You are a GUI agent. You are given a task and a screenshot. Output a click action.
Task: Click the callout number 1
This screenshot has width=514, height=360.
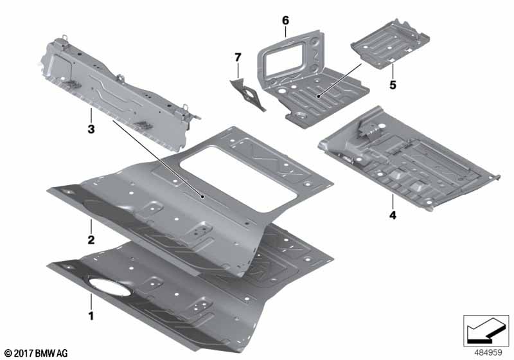(91, 316)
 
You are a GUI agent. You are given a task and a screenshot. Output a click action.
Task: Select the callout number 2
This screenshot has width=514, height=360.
(91, 240)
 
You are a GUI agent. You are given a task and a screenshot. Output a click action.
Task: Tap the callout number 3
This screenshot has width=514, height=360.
(91, 129)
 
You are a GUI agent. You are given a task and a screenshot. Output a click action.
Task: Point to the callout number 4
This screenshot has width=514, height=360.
(393, 215)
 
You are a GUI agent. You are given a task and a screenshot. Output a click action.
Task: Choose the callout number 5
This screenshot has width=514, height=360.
(393, 85)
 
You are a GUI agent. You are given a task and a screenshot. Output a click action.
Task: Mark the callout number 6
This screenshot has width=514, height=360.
(286, 21)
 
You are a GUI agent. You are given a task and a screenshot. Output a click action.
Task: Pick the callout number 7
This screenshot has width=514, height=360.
(238, 57)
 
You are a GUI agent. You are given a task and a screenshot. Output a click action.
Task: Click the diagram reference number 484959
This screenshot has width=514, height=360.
(488, 352)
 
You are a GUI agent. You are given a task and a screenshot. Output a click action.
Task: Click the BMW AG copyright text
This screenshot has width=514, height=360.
(37, 354)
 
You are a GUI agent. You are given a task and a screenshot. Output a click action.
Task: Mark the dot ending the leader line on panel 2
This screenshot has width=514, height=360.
(203, 197)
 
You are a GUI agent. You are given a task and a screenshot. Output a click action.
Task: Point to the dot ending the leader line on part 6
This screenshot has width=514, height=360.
(318, 96)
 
